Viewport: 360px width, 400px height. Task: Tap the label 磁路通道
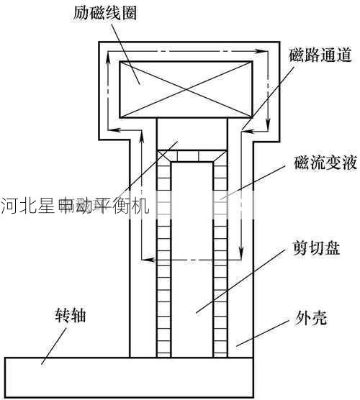(320, 55)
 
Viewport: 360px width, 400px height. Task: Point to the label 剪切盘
(316, 248)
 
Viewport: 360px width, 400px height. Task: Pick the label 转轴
(72, 314)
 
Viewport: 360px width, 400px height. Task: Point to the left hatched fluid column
(164, 259)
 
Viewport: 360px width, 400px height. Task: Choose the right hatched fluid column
(220, 259)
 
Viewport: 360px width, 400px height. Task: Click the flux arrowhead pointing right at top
(256, 50)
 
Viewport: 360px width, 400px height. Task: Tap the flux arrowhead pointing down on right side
(267, 121)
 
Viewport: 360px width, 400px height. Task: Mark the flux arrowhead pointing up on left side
(107, 63)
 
